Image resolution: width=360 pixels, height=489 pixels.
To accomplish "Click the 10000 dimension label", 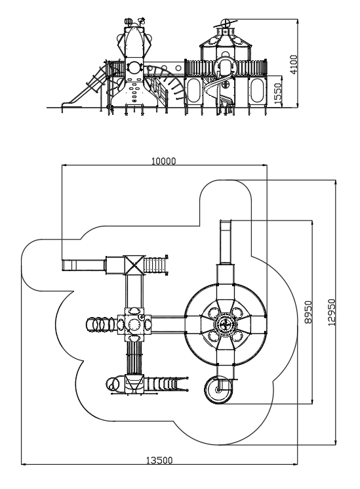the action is coord(163,161).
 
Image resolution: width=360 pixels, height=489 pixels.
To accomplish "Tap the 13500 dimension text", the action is coord(159,460).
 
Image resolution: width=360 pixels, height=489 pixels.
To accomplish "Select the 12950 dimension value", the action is coord(332,312).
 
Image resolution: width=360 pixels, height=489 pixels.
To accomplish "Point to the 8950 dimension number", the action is coord(308,312).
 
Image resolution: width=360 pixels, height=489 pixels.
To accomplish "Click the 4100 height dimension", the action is coord(294,64).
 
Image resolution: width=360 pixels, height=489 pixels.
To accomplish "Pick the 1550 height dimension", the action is coord(278,93).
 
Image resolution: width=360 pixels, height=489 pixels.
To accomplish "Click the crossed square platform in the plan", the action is coord(134,265).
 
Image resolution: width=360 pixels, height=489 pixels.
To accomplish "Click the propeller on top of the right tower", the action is coord(225,24).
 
